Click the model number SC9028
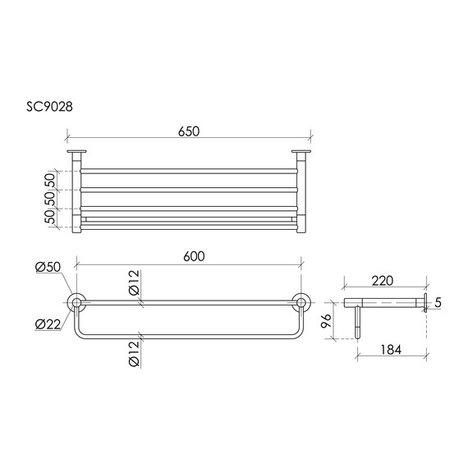click(49, 107)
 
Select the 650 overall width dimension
click(189, 131)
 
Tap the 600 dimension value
click(194, 256)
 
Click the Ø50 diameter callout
click(48, 267)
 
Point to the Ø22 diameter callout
click(48, 323)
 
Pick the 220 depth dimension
click(383, 281)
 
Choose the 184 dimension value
click(391, 350)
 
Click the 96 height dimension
click(327, 320)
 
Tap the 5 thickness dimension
click(438, 303)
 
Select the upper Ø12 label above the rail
click(135, 282)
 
